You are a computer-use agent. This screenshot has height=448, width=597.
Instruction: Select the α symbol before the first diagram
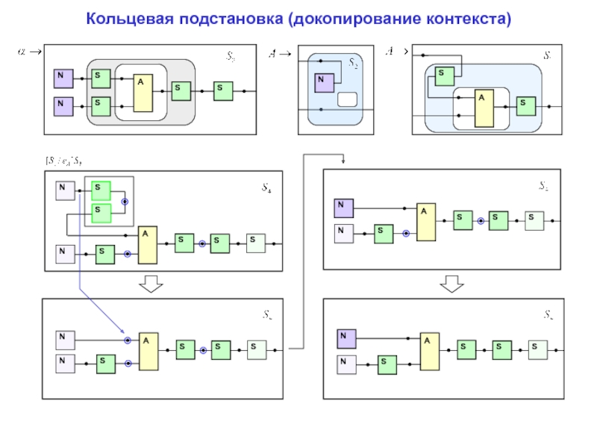[x=22, y=52]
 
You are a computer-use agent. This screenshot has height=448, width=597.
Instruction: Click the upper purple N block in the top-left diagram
[x=63, y=78]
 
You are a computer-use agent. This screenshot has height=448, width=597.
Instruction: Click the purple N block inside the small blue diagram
[x=324, y=83]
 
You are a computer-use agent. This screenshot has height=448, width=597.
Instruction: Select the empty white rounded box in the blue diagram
[x=348, y=100]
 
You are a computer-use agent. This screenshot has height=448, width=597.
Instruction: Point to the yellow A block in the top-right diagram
[x=484, y=109]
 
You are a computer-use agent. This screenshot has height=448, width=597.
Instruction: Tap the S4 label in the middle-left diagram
[x=266, y=190]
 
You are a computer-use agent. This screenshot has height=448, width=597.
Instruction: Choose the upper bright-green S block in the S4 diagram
[x=101, y=190]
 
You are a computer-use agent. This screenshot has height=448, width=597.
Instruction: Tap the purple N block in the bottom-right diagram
[x=346, y=338]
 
